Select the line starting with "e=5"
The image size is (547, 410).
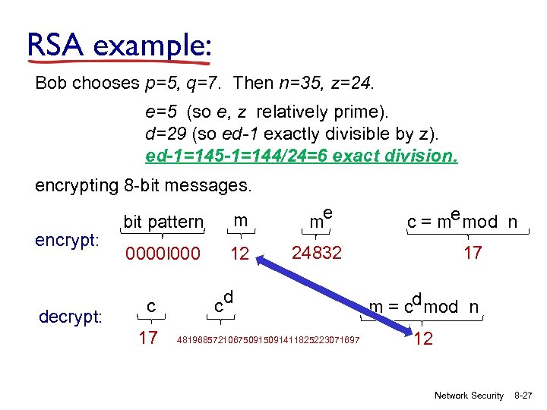(x=267, y=112)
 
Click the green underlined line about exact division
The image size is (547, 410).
(x=302, y=157)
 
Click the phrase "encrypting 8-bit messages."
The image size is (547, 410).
(x=144, y=185)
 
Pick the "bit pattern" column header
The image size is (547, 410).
(x=163, y=222)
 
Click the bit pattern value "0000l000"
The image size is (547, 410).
(x=162, y=254)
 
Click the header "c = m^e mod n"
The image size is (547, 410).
(x=462, y=222)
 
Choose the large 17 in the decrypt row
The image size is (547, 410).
(x=149, y=336)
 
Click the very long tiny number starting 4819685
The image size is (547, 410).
(x=268, y=339)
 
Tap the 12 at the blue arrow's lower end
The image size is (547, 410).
(x=424, y=339)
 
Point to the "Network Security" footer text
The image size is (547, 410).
(x=469, y=396)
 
